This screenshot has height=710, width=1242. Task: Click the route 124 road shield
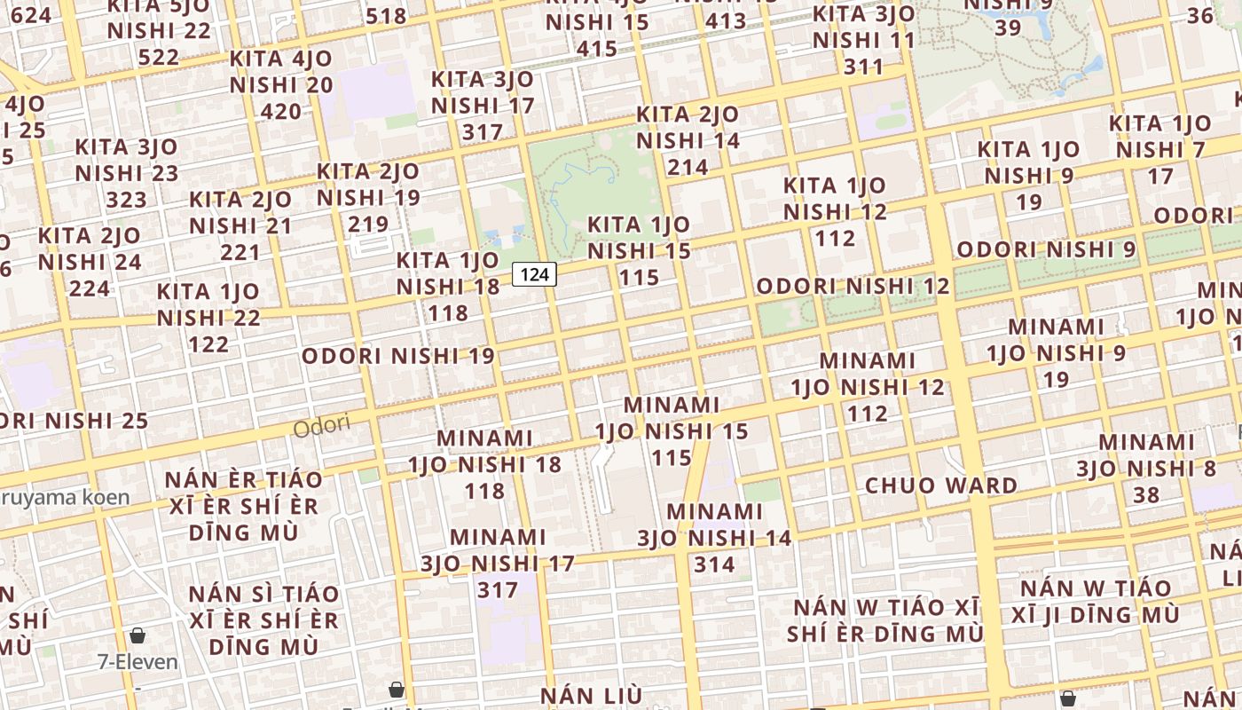(x=534, y=275)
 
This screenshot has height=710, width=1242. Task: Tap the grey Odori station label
(x=322, y=427)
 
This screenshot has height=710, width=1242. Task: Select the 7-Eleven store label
(x=138, y=662)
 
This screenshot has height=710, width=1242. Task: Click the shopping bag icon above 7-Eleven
(x=138, y=635)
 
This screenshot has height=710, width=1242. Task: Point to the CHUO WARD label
(x=941, y=485)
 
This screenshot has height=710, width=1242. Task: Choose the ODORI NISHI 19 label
(x=398, y=357)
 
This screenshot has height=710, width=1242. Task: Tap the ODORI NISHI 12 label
(x=853, y=287)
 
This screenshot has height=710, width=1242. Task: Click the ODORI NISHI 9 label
(x=1046, y=249)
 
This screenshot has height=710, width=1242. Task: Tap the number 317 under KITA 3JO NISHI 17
(x=483, y=131)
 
